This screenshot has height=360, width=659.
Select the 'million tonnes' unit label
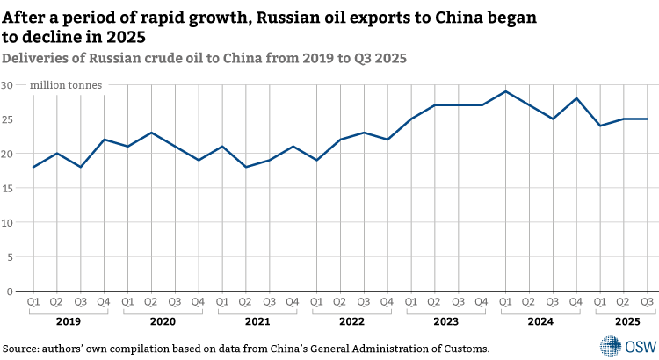tap(66, 85)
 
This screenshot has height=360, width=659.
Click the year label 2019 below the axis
tap(69, 322)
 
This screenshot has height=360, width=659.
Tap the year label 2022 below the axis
tap(351, 322)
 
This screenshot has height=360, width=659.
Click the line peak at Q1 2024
tap(505, 91)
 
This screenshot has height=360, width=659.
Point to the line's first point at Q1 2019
tap(33, 167)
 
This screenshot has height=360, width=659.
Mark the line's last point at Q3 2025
tap(648, 119)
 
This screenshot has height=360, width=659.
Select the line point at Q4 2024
tap(576, 98)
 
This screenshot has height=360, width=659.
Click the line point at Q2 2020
tap(151, 133)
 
